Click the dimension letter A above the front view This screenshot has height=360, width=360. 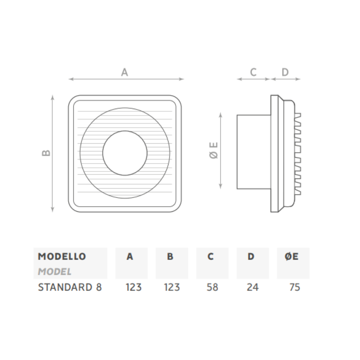click(124, 72)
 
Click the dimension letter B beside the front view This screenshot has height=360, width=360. click(46, 153)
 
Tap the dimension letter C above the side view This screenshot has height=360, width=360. click(253, 72)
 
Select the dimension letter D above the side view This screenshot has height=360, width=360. click(285, 72)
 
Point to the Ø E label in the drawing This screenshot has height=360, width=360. click(214, 150)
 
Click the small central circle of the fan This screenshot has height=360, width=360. click(125, 153)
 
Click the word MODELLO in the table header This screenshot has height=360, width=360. click(62, 257)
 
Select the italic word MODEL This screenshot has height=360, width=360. click(54, 271)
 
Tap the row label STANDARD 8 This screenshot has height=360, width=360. click(70, 287)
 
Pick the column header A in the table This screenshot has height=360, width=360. click(130, 257)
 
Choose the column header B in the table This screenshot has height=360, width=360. click(170, 257)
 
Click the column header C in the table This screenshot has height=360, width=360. click(211, 257)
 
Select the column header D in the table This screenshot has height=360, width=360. click(251, 257)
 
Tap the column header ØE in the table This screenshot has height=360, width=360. click(292, 257)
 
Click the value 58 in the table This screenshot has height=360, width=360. click(212, 287)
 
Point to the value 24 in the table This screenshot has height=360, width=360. click(253, 287)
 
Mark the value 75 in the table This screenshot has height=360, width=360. click(294, 287)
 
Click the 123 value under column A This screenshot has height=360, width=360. click(134, 287)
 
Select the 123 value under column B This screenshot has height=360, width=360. click(172, 287)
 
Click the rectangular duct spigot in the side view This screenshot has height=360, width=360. click(253, 152)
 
